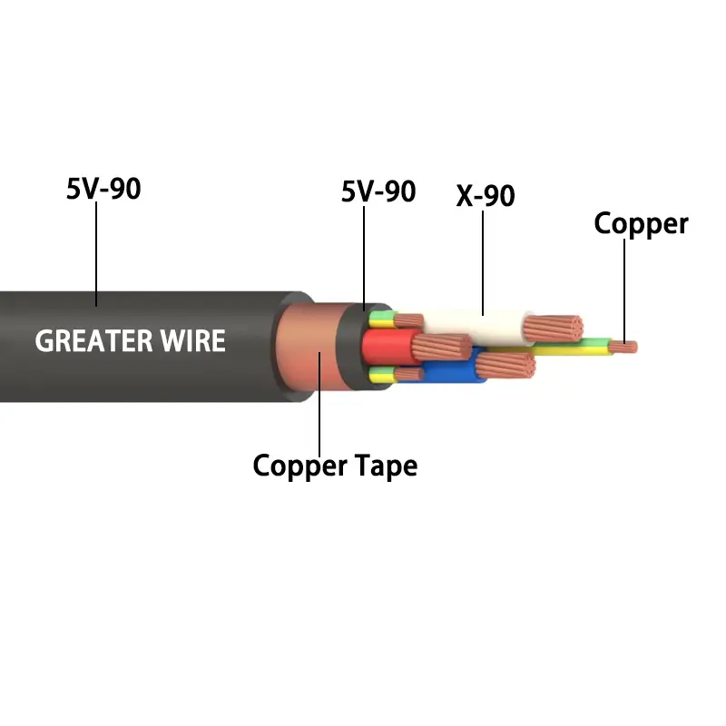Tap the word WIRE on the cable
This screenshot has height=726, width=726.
193,341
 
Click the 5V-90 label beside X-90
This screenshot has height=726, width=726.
378,191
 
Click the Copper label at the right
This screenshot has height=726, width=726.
641,223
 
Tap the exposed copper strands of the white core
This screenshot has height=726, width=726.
555,330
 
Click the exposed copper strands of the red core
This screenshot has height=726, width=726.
442,348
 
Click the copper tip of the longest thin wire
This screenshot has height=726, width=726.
625,346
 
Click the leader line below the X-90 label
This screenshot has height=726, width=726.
483,263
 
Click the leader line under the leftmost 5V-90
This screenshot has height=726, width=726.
96,254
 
